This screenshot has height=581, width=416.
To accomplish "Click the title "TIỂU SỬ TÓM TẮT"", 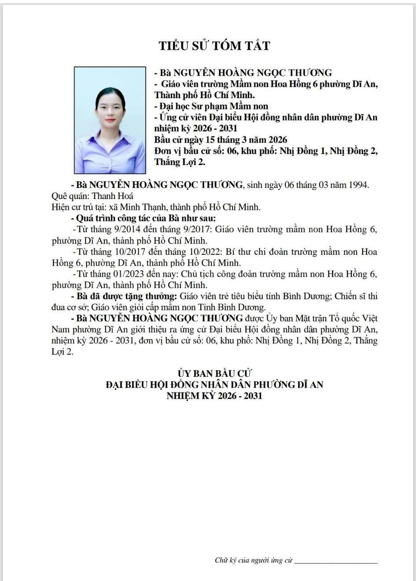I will click(214, 46).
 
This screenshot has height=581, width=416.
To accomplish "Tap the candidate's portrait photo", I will click(110, 120).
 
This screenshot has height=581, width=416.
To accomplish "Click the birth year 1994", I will click(359, 185).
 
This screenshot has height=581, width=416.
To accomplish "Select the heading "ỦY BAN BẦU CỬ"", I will click(214, 374).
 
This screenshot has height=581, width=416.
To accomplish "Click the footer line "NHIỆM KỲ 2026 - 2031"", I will click(214, 396).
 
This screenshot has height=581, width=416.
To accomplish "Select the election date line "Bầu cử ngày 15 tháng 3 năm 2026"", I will click(221, 140).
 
